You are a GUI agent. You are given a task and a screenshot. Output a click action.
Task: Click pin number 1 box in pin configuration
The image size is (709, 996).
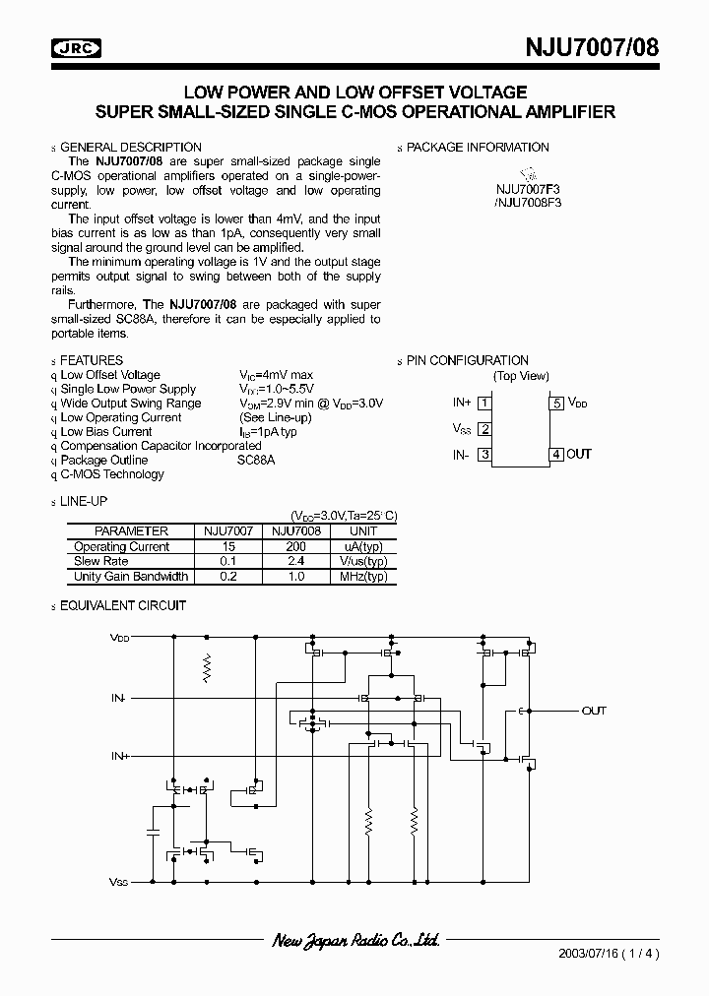coord(484,403)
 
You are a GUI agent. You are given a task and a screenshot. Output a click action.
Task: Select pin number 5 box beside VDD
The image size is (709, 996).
coord(556,403)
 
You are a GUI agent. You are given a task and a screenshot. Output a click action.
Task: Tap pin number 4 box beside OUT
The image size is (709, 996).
coord(556,454)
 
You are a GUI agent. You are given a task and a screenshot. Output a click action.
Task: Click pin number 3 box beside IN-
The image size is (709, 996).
coord(484,454)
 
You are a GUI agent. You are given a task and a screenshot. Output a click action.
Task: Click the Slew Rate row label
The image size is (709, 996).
coord(102,561)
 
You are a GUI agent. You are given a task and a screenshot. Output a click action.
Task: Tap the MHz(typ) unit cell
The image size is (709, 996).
coord(363,577)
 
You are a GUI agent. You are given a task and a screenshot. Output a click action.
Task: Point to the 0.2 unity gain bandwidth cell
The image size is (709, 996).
coord(228,577)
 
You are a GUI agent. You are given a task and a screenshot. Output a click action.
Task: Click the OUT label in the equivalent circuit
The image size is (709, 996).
coord(594,711)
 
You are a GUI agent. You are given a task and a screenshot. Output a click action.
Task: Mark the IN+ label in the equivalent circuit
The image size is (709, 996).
coord(120,756)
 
